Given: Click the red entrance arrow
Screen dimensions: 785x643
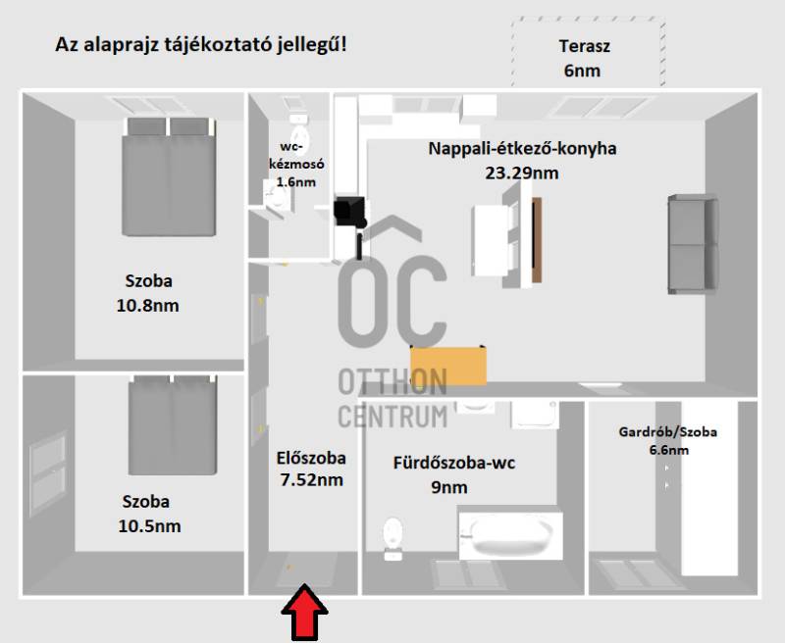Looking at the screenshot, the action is pyautogui.click(x=304, y=613).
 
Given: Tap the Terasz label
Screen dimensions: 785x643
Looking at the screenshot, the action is pyautogui.click(x=584, y=46).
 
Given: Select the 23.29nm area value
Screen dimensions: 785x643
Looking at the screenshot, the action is pyautogui.click(x=522, y=173).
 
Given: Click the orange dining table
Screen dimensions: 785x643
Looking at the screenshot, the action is pyautogui.click(x=448, y=366).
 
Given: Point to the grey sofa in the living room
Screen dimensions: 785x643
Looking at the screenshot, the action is pyautogui.click(x=693, y=244).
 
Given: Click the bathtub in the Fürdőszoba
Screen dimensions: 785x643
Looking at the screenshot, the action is pyautogui.click(x=510, y=536).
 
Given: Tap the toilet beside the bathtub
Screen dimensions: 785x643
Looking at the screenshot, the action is pyautogui.click(x=393, y=538).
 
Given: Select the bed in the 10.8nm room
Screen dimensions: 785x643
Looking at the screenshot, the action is pyautogui.click(x=169, y=176).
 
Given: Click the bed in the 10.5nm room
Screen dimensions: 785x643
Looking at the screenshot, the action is pyautogui.click(x=173, y=425).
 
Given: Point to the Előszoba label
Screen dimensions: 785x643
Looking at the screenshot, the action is pyautogui.click(x=311, y=458).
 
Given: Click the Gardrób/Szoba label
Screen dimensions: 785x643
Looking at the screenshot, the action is pyautogui.click(x=668, y=431).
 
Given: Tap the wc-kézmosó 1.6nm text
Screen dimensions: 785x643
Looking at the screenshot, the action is pyautogui.click(x=296, y=164).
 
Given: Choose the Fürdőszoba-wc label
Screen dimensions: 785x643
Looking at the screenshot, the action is pyautogui.click(x=454, y=463).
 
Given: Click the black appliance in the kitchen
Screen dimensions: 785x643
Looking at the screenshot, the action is pyautogui.click(x=349, y=211).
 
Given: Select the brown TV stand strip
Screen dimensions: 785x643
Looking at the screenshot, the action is pyautogui.click(x=537, y=240).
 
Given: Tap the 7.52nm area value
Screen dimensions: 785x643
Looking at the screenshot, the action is pyautogui.click(x=311, y=480).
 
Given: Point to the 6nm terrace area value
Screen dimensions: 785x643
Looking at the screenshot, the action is pyautogui.click(x=582, y=71).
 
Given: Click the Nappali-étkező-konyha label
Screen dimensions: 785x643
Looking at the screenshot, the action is pyautogui.click(x=522, y=149).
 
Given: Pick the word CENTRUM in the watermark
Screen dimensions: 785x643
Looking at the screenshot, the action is pyautogui.click(x=393, y=416).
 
